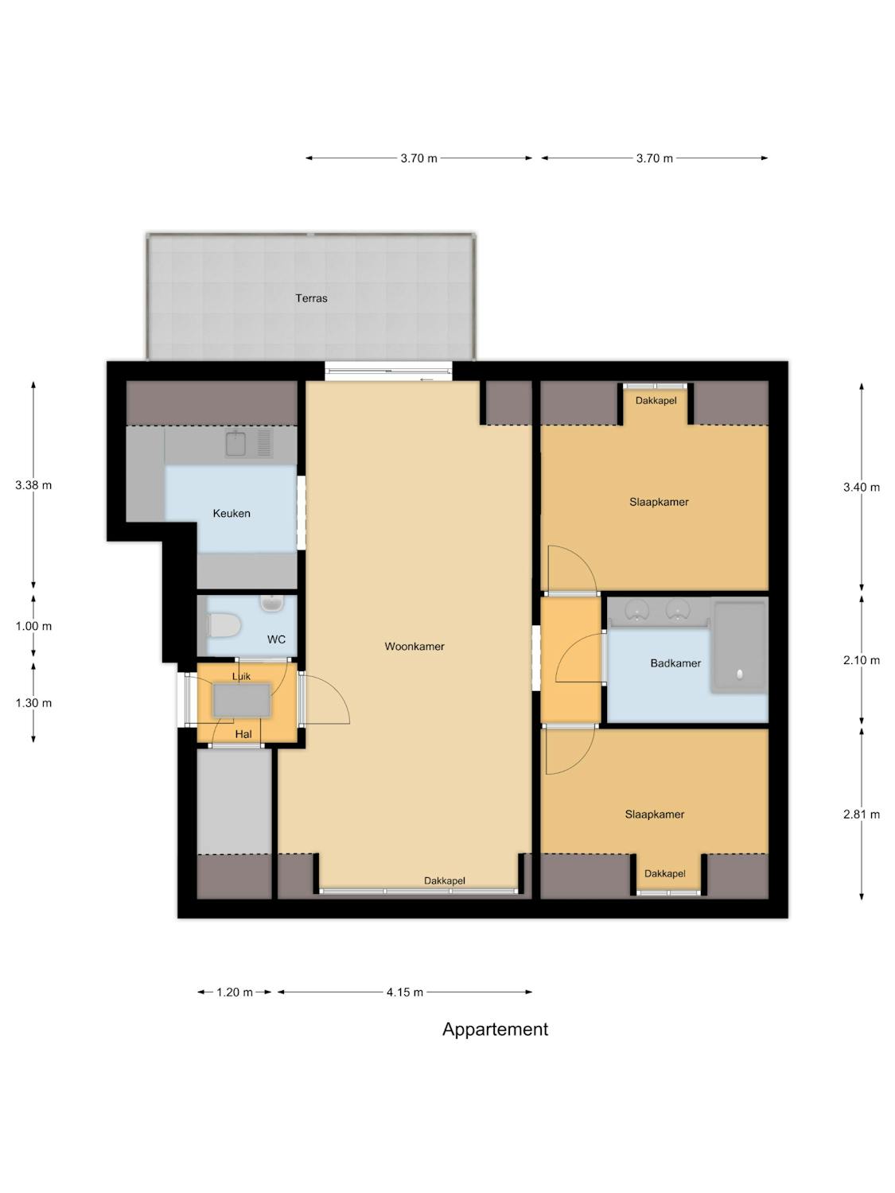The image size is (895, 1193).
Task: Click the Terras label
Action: coord(311,297)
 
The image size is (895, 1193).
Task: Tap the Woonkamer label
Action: coord(414,647)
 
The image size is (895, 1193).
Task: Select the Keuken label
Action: coord(232,513)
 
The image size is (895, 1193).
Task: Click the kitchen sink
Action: coord(235,443)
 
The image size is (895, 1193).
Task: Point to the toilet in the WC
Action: coord(224,626)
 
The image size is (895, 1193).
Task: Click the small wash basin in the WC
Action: coord(271,604)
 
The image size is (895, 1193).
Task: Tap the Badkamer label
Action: coord(675,663)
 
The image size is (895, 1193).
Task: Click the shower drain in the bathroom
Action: coord(740,674)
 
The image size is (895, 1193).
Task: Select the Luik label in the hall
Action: coord(241,676)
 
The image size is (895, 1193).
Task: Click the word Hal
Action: coord(243,734)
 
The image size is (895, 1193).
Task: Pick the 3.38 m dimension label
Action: coord(33,485)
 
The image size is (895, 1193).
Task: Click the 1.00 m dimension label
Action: coord(33,626)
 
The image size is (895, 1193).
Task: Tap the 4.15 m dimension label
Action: coord(405,992)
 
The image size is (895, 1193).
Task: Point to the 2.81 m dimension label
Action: coord(862,814)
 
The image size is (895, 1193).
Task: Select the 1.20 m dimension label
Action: coord(235,992)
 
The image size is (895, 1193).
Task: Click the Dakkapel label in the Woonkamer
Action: coord(445,880)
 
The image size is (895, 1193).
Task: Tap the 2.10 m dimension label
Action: coord(862,660)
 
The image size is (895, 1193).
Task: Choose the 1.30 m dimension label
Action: coord(33,703)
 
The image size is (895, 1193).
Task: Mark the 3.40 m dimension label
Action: coord(862,487)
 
